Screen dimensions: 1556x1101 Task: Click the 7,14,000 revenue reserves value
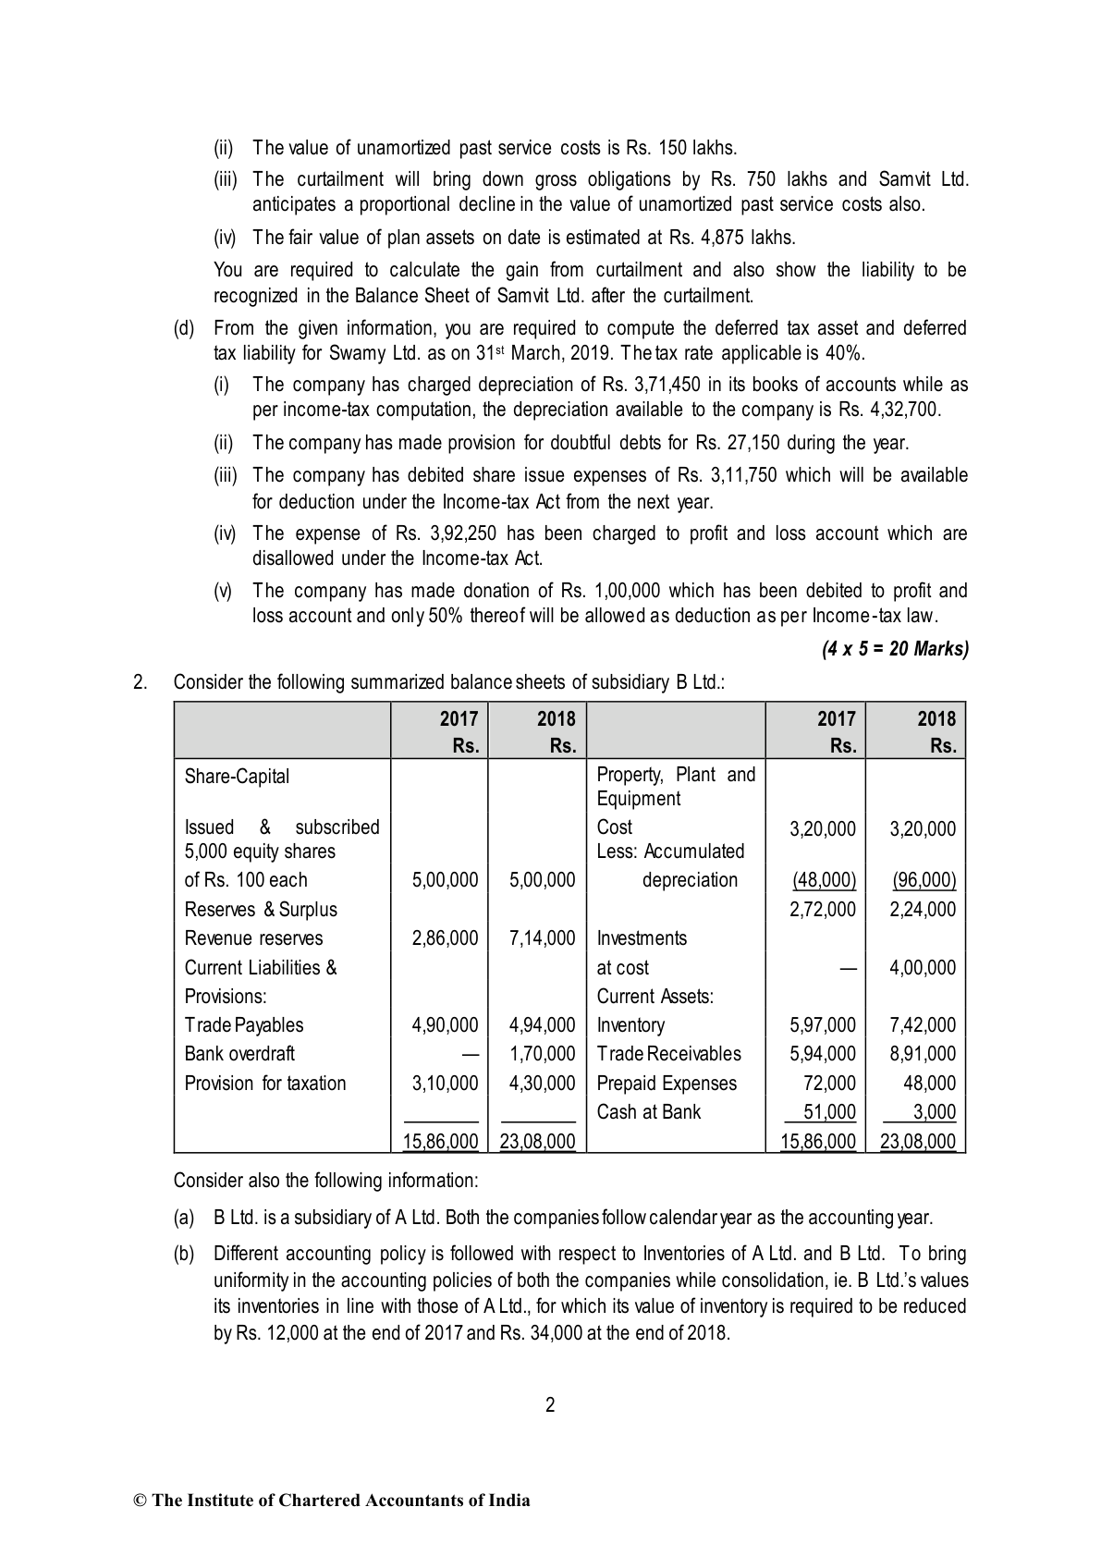click(542, 938)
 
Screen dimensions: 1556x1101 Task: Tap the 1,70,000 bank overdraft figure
click(542, 1054)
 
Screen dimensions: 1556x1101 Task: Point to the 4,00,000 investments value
click(923, 968)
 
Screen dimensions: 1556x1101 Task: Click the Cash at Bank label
click(649, 1112)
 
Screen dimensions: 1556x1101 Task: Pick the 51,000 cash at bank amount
click(829, 1112)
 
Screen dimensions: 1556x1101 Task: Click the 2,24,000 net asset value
click(923, 910)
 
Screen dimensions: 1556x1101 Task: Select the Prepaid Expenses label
click(667, 1084)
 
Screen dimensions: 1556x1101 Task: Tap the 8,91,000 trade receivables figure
click(923, 1054)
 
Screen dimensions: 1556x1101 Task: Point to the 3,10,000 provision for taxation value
click(445, 1084)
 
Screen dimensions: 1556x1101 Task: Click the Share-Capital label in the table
click(237, 777)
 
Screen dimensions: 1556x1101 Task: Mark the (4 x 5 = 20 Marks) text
click(895, 649)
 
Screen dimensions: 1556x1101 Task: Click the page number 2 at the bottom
click(550, 1405)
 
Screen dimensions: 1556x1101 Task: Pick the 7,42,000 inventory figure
click(923, 1025)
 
